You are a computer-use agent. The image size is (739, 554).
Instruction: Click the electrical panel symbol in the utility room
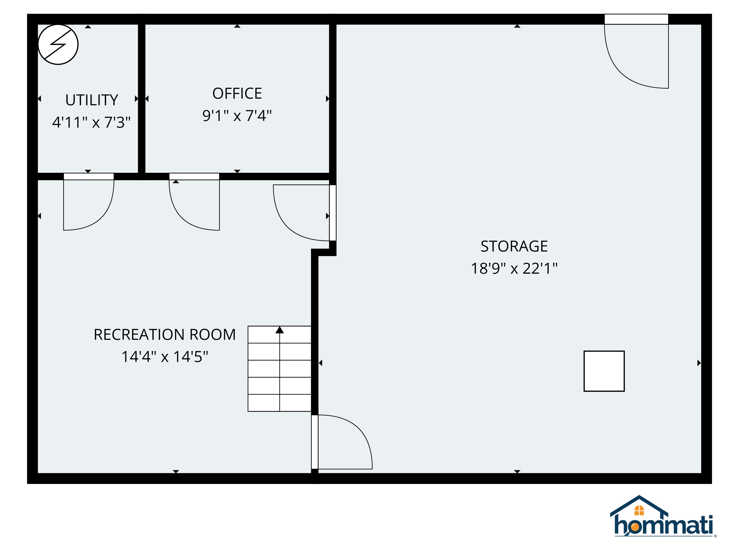tap(58, 44)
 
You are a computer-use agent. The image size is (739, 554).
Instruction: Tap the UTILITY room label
tap(92, 100)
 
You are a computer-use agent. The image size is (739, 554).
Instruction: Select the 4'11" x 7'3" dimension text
tap(91, 122)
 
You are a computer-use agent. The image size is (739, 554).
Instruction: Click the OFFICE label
tap(237, 94)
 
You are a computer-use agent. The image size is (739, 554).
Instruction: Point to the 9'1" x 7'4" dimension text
tap(237, 116)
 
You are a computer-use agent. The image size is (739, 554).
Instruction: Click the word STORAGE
tap(514, 246)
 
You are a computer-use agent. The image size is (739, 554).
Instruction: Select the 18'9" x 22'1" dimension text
tap(514, 269)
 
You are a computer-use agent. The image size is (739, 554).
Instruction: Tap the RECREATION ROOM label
tap(165, 335)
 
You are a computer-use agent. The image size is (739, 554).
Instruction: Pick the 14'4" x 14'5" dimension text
tap(165, 357)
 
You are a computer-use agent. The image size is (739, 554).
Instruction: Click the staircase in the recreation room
tap(280, 369)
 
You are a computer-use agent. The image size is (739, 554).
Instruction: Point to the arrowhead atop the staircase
tap(280, 330)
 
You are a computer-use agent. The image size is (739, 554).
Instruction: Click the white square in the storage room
tap(604, 371)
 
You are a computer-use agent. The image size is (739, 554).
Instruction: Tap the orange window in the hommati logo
tap(639, 510)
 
